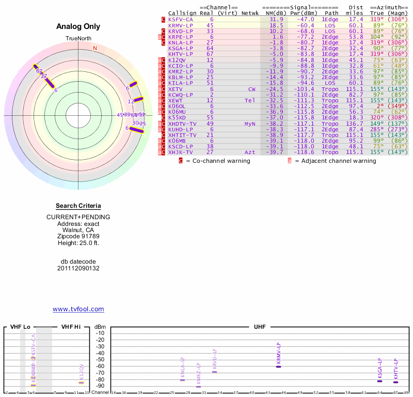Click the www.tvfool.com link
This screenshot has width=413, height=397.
[x=78, y=309]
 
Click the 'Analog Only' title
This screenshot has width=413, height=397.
[x=78, y=27]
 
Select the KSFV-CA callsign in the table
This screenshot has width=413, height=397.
[x=181, y=19]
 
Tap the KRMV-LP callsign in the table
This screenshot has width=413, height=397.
[x=181, y=25]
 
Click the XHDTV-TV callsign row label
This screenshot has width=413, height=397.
[x=182, y=124]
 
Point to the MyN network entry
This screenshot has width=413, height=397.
[x=250, y=124]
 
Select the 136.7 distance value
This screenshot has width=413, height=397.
[x=356, y=124]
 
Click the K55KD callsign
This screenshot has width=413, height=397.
[x=177, y=117]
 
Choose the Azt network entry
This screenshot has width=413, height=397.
[x=250, y=152]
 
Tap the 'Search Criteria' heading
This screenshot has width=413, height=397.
[x=78, y=206]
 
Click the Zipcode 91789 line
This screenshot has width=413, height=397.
[x=78, y=236]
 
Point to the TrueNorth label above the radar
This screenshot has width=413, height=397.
[x=78, y=39]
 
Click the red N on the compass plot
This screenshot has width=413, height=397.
[x=94, y=48]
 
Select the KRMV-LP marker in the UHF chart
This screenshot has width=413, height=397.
[x=278, y=366]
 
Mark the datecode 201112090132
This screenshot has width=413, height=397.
[x=78, y=268]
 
